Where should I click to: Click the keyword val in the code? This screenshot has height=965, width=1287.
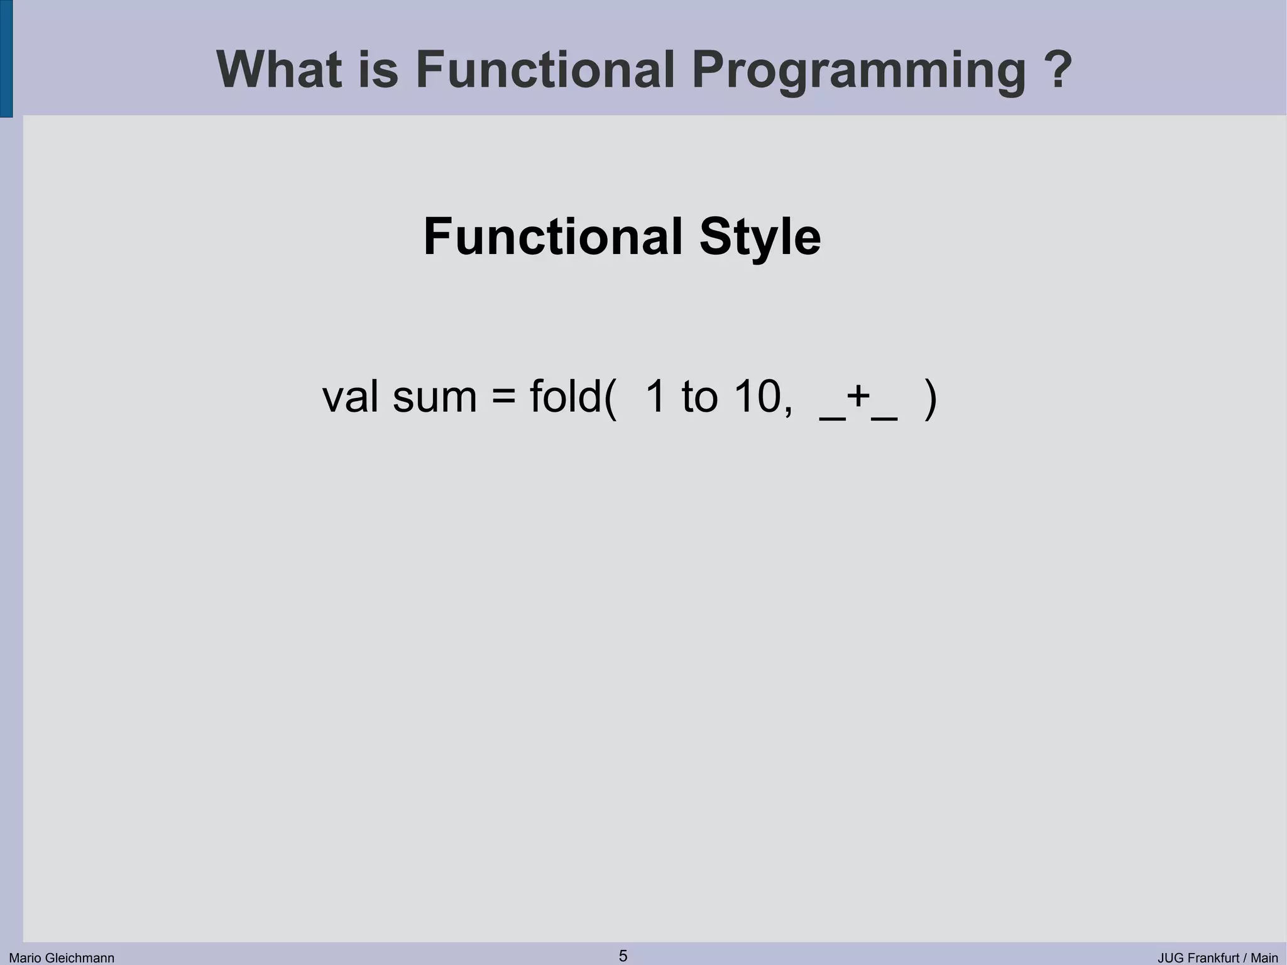click(350, 397)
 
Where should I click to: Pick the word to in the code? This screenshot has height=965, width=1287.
click(699, 397)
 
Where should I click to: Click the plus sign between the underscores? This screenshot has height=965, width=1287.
click(858, 397)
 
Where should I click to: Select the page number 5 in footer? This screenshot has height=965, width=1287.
click(623, 956)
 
